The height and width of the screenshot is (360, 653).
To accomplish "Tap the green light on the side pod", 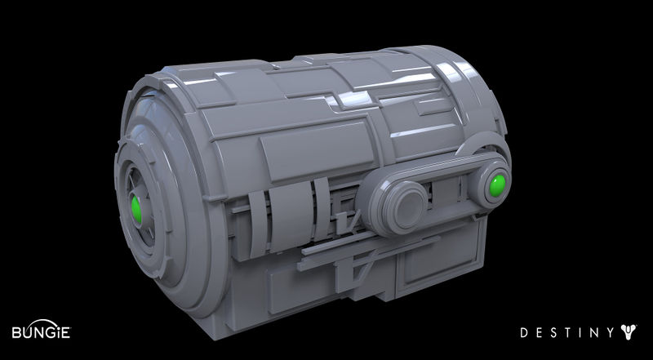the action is pyautogui.click(x=497, y=185).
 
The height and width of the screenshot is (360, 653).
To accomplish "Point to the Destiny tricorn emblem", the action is pyautogui.click(x=629, y=332).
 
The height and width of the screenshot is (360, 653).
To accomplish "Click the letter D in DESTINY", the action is pyautogui.click(x=524, y=332).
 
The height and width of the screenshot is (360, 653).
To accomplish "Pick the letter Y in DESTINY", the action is pyautogui.click(x=610, y=332).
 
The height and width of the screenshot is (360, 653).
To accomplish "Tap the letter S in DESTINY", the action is pyautogui.click(x=555, y=332).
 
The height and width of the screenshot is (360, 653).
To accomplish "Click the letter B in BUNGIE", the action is pyautogui.click(x=16, y=332).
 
